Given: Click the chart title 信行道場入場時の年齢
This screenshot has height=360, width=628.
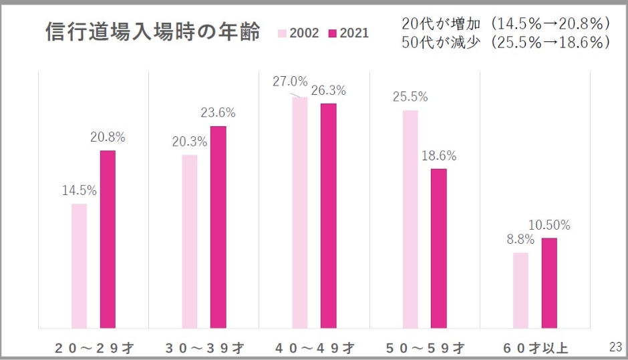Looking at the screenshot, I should (152, 31).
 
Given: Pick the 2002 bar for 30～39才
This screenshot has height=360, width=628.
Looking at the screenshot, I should (190, 241).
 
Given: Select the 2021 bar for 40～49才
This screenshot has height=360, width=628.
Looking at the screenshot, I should (328, 216).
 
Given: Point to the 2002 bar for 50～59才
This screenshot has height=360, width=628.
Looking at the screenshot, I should (410, 219).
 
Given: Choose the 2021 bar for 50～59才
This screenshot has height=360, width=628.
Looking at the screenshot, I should (438, 248).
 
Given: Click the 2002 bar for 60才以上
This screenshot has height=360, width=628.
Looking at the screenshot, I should (520, 290).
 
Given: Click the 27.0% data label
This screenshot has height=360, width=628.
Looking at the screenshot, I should (290, 82).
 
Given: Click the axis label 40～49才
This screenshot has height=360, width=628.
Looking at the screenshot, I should (314, 347).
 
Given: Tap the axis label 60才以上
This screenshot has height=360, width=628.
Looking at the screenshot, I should (534, 347).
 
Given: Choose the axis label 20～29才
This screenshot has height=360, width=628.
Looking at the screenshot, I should (94, 347).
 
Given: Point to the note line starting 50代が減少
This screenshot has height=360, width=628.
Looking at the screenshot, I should (506, 43).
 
